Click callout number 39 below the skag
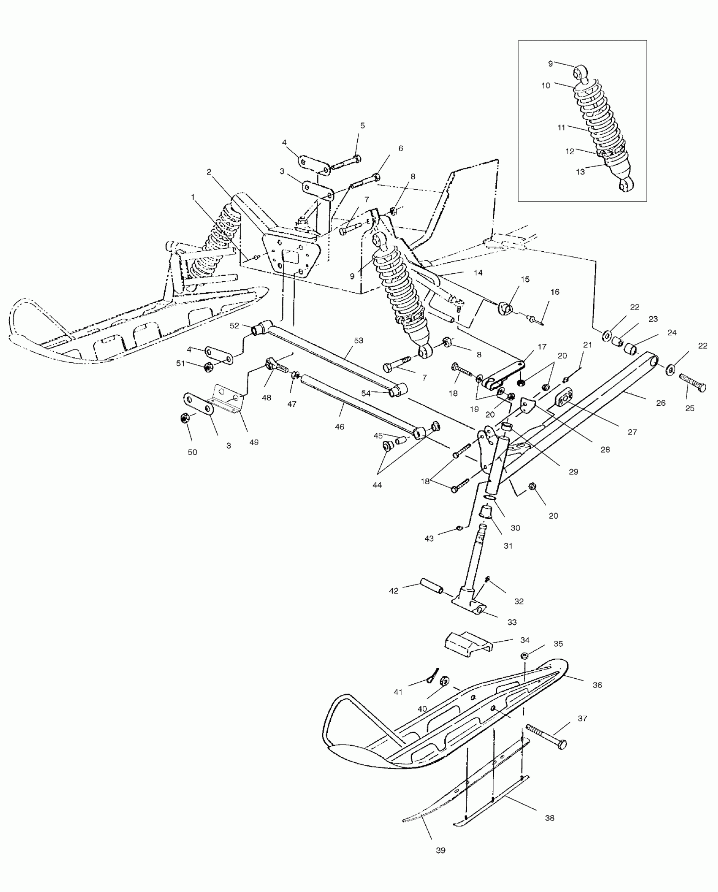point(441,850)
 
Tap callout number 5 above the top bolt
point(362,125)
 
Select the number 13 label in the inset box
point(580,172)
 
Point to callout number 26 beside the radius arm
point(661,403)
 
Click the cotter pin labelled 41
point(432,675)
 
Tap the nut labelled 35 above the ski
point(525,656)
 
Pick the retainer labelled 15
point(505,308)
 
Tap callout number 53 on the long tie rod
point(358,340)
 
